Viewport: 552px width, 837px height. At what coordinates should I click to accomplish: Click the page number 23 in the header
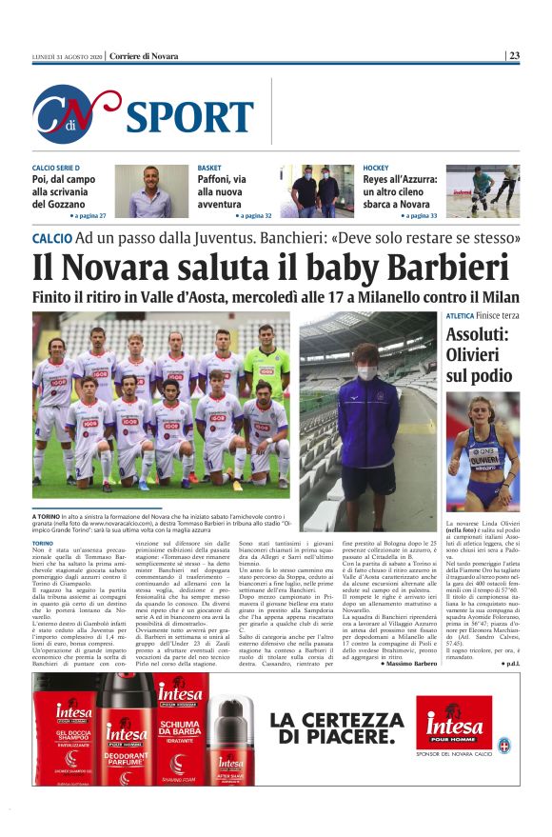[514, 56]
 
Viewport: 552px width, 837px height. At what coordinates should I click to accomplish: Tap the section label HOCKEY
[376, 168]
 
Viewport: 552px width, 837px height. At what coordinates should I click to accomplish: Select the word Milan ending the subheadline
[496, 297]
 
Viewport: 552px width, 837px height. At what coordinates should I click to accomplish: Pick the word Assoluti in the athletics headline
[479, 335]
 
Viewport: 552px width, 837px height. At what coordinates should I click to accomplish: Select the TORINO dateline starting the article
[46, 541]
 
